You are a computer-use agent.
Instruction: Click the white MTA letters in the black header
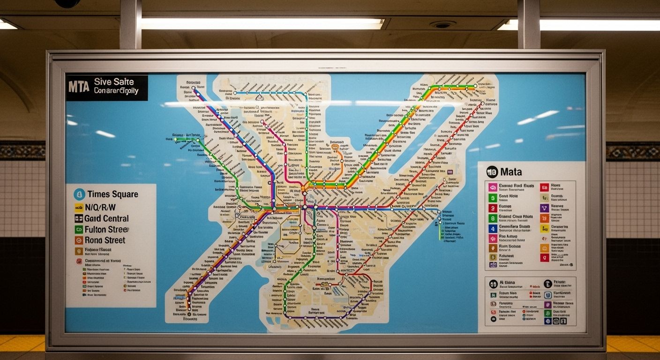coord(79,87)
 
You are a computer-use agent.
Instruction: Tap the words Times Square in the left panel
coord(112,194)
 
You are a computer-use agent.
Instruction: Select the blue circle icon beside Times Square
coord(79,194)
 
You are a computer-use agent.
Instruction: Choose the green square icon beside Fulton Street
coord(79,230)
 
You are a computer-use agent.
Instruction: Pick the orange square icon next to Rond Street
coord(79,240)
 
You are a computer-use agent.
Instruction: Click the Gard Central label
coord(106,218)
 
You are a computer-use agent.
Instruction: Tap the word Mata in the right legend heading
coord(511,172)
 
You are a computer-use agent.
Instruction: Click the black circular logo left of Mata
coord(492,172)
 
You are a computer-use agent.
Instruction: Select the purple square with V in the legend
coord(544,208)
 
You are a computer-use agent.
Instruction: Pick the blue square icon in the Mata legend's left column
coord(493,229)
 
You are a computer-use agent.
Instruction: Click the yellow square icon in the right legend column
coord(544,229)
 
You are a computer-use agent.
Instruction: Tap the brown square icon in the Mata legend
coord(493,248)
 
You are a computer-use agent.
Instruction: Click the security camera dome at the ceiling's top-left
coord(67,3)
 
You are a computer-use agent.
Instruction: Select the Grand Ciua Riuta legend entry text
coord(516,217)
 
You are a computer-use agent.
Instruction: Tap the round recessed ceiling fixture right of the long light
coord(442,24)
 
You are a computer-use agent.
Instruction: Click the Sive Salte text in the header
coord(113,82)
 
